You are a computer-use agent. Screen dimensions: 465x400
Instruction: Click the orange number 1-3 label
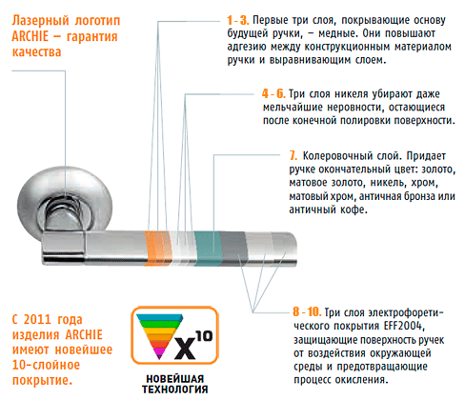[237, 20]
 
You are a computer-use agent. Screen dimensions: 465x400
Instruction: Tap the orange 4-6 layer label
[273, 93]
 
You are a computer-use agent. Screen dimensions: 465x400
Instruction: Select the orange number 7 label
[293, 155]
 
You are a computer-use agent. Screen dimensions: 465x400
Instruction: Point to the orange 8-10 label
[307, 311]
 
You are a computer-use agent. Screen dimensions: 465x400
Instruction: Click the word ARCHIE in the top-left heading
[30, 36]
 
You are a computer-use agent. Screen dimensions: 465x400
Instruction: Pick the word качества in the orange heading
[36, 51]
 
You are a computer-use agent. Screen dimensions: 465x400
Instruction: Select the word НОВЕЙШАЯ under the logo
[175, 379]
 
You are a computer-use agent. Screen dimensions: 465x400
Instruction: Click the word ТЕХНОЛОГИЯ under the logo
[175, 390]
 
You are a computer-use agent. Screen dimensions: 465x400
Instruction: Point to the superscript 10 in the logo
[204, 336]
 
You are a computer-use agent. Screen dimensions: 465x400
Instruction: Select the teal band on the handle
[207, 249]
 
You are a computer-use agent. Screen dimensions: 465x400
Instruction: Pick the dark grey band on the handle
[233, 249]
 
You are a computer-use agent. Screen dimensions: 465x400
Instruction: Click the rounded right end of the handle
[292, 249]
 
